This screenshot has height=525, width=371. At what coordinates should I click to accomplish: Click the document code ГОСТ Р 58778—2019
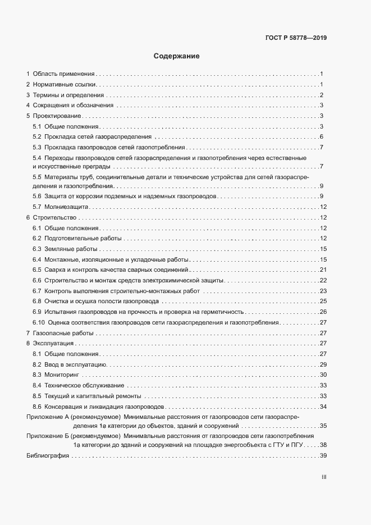(x=295, y=38)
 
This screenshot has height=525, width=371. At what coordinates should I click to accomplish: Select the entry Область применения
(x=63, y=74)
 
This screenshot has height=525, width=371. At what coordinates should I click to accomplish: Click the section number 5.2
(x=36, y=137)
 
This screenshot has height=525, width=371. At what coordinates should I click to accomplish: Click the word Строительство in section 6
(x=54, y=218)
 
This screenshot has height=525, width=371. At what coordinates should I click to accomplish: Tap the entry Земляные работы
(x=71, y=249)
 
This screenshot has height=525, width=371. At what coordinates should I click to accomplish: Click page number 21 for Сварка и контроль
(x=323, y=270)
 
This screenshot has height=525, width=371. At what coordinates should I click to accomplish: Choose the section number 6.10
(x=38, y=322)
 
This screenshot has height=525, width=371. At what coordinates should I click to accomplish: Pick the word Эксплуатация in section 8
(x=53, y=343)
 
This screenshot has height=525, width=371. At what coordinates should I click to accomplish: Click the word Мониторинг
(x=62, y=375)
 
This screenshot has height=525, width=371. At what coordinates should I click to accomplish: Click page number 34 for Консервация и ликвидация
(x=323, y=406)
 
